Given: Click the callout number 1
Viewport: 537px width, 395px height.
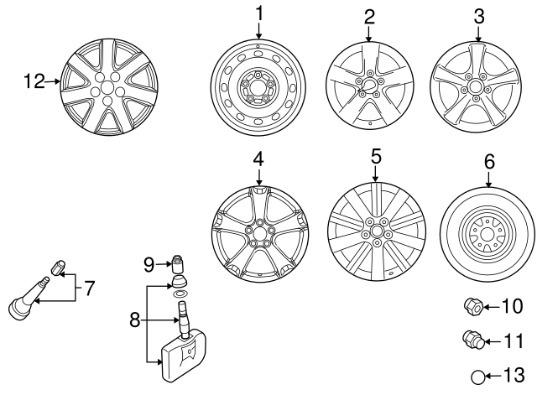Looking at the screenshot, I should (258, 13).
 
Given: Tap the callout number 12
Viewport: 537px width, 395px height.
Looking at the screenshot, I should (34, 81).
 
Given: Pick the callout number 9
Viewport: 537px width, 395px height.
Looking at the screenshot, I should (149, 265).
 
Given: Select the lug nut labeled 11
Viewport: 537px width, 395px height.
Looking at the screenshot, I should (473, 340).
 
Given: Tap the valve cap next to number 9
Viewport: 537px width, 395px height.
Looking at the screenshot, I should (177, 262).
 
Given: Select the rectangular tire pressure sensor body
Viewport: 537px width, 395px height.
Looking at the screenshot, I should (183, 352).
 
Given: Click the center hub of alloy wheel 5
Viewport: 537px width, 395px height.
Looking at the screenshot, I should (375, 229).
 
